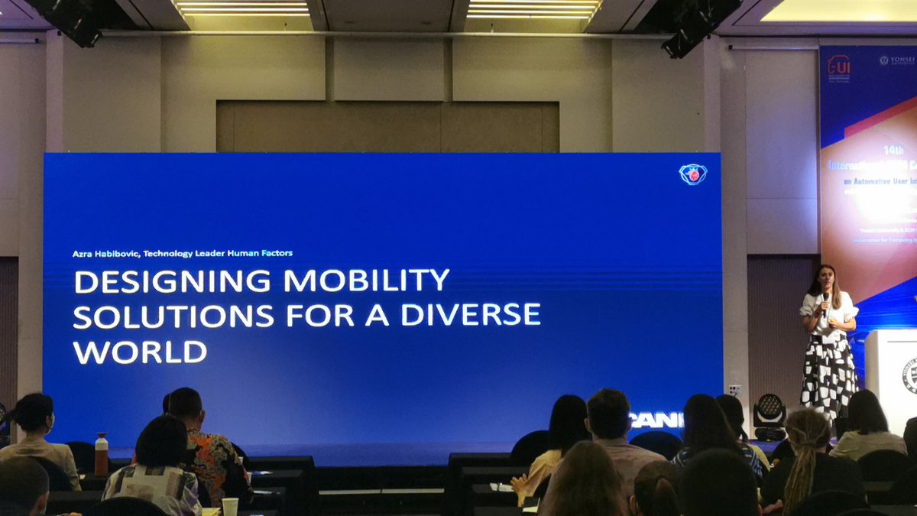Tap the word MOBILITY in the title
366,281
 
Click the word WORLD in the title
140,352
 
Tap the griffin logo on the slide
692,174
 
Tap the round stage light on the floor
769,413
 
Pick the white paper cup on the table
229,507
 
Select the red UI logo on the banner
838,66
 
